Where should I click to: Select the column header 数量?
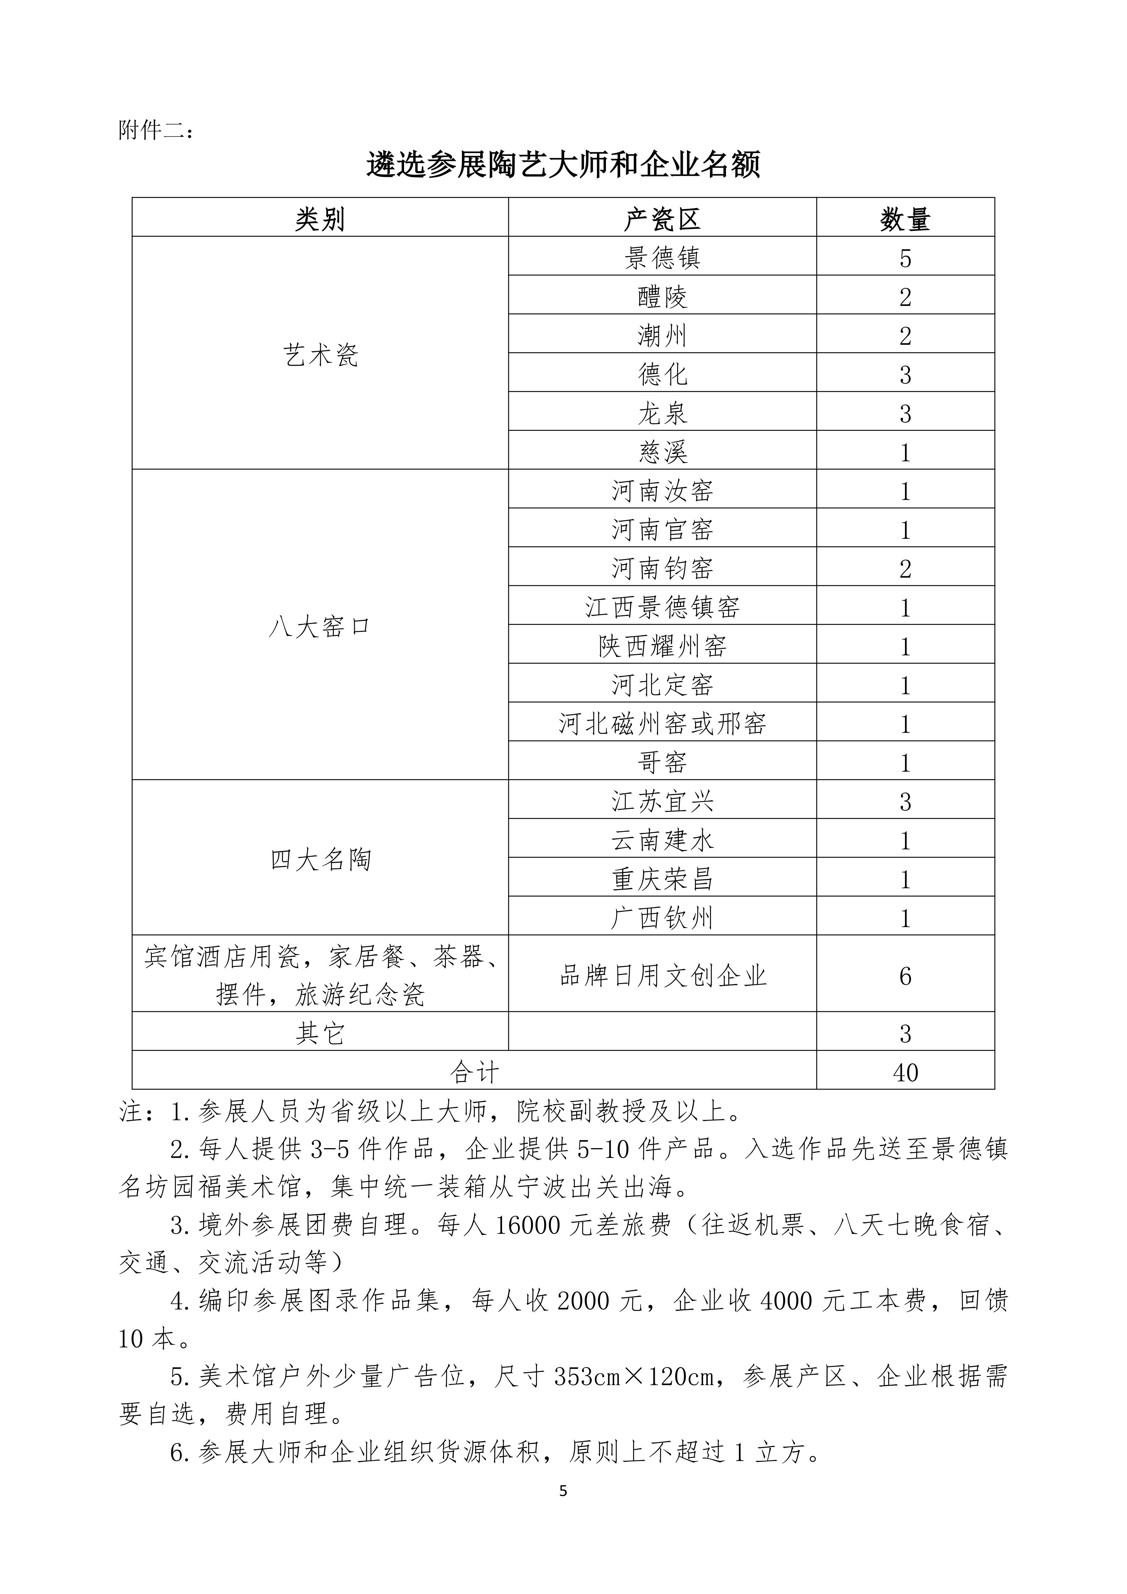905,220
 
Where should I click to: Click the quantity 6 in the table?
905,976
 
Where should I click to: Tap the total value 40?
905,1073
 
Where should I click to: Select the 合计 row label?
474,1073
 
